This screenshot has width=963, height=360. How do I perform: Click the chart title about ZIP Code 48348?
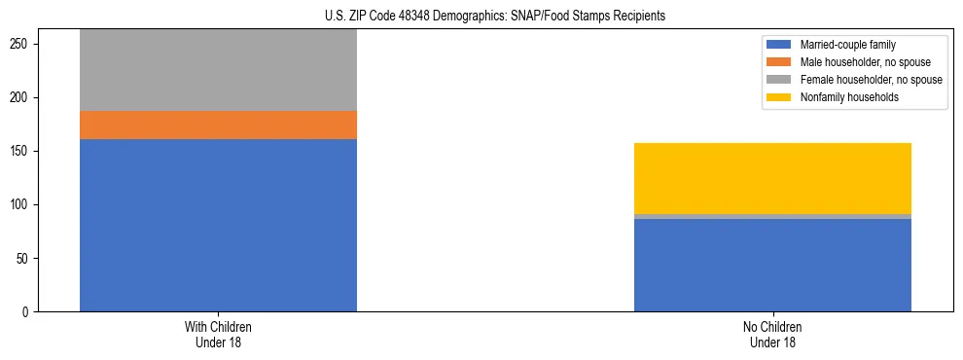pyautogui.click(x=495, y=17)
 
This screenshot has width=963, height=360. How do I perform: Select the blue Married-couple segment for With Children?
pyautogui.click(x=218, y=225)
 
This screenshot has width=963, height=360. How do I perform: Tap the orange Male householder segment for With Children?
pyautogui.click(x=218, y=125)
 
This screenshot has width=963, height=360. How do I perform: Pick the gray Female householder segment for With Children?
pyautogui.click(x=218, y=70)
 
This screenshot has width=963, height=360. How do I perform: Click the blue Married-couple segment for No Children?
pyautogui.click(x=772, y=265)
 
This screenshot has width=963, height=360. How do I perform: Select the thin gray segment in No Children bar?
pyautogui.click(x=772, y=216)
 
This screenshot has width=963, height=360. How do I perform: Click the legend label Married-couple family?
pyautogui.click(x=847, y=45)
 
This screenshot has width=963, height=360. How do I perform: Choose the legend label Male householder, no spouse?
pyautogui.click(x=865, y=62)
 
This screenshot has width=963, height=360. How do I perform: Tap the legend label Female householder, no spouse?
pyautogui.click(x=871, y=80)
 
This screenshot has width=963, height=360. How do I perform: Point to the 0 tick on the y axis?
pyautogui.click(x=29, y=311)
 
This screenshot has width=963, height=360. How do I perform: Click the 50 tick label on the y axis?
pyautogui.click(x=26, y=258)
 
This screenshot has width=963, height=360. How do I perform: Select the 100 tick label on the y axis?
pyautogui.click(x=23, y=204)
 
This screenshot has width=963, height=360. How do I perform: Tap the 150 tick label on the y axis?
pyautogui.click(x=23, y=151)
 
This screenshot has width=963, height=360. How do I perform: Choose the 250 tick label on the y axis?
pyautogui.click(x=23, y=44)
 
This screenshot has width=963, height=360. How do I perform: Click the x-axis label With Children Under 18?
pyautogui.click(x=218, y=334)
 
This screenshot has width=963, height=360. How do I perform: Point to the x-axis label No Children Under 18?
pyautogui.click(x=772, y=334)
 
